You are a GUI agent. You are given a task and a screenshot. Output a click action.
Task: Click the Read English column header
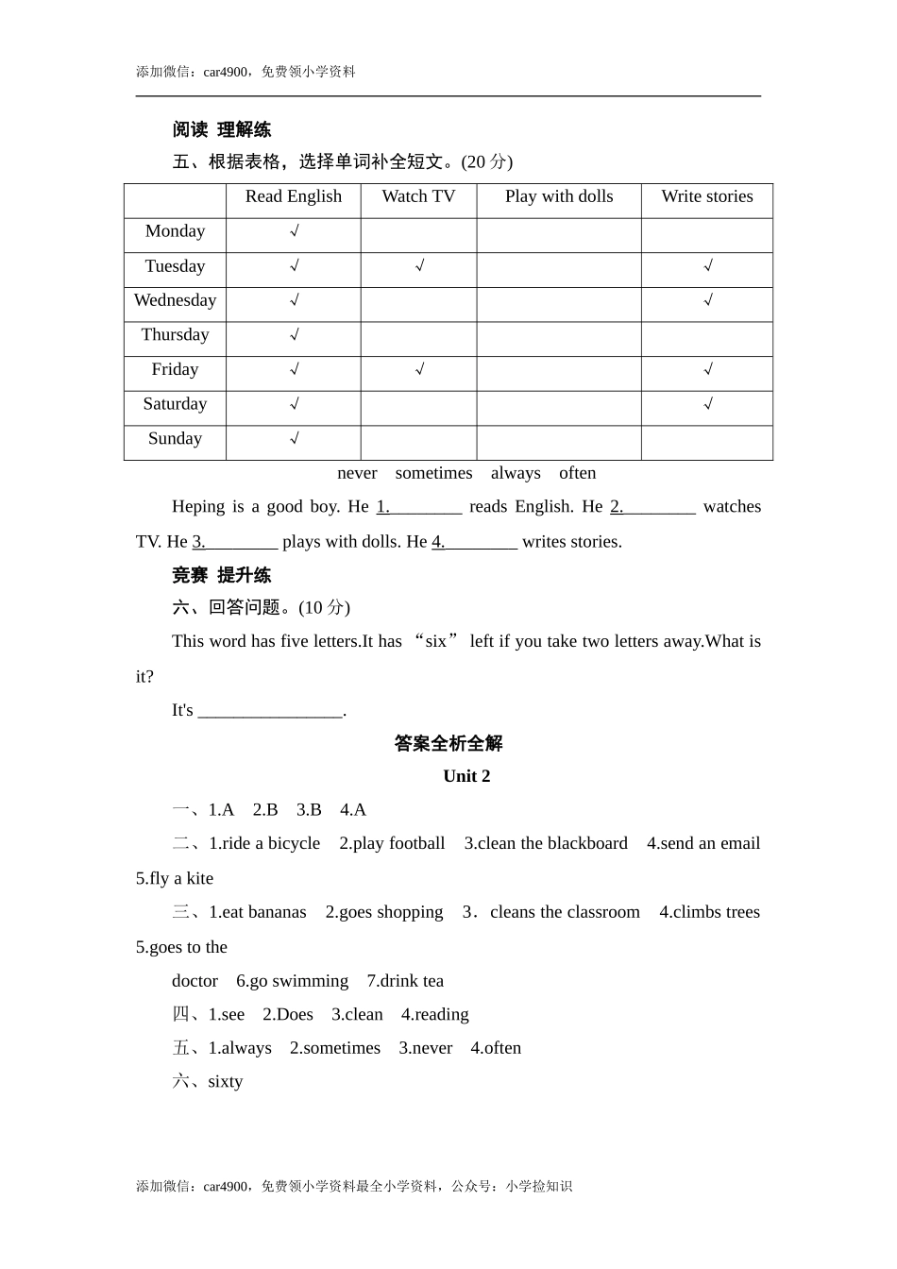click(293, 196)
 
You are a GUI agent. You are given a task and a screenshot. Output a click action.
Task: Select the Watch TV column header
click(418, 196)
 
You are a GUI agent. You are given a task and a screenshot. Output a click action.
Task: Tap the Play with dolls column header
click(559, 196)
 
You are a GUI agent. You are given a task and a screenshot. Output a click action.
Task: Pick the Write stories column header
click(707, 196)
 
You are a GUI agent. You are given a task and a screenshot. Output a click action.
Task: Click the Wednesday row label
click(175, 300)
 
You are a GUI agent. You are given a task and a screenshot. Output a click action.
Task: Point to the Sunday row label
click(175, 438)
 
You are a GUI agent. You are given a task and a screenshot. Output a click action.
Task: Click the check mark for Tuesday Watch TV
click(419, 266)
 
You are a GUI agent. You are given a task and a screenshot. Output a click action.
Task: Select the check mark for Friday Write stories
click(708, 369)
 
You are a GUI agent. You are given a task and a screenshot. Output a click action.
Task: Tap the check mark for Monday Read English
click(295, 231)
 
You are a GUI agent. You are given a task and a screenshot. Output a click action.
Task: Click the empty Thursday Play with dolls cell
click(559, 335)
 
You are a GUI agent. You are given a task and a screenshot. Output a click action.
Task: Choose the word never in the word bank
click(357, 473)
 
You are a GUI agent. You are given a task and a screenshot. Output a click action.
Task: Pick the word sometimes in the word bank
click(433, 473)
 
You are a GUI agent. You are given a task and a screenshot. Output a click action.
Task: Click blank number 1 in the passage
click(419, 507)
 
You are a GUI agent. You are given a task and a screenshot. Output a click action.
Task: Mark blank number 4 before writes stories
click(475, 542)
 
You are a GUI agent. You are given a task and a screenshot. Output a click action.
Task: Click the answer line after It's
click(271, 711)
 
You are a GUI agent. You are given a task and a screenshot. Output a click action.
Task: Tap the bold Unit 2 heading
click(466, 776)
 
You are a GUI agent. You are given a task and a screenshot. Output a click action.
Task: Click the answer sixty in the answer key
click(225, 1082)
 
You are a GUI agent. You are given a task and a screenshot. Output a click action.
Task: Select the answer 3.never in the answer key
click(425, 1048)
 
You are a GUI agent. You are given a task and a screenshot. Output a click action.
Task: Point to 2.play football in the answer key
click(392, 843)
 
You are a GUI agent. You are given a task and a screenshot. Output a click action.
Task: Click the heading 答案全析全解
click(448, 744)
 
